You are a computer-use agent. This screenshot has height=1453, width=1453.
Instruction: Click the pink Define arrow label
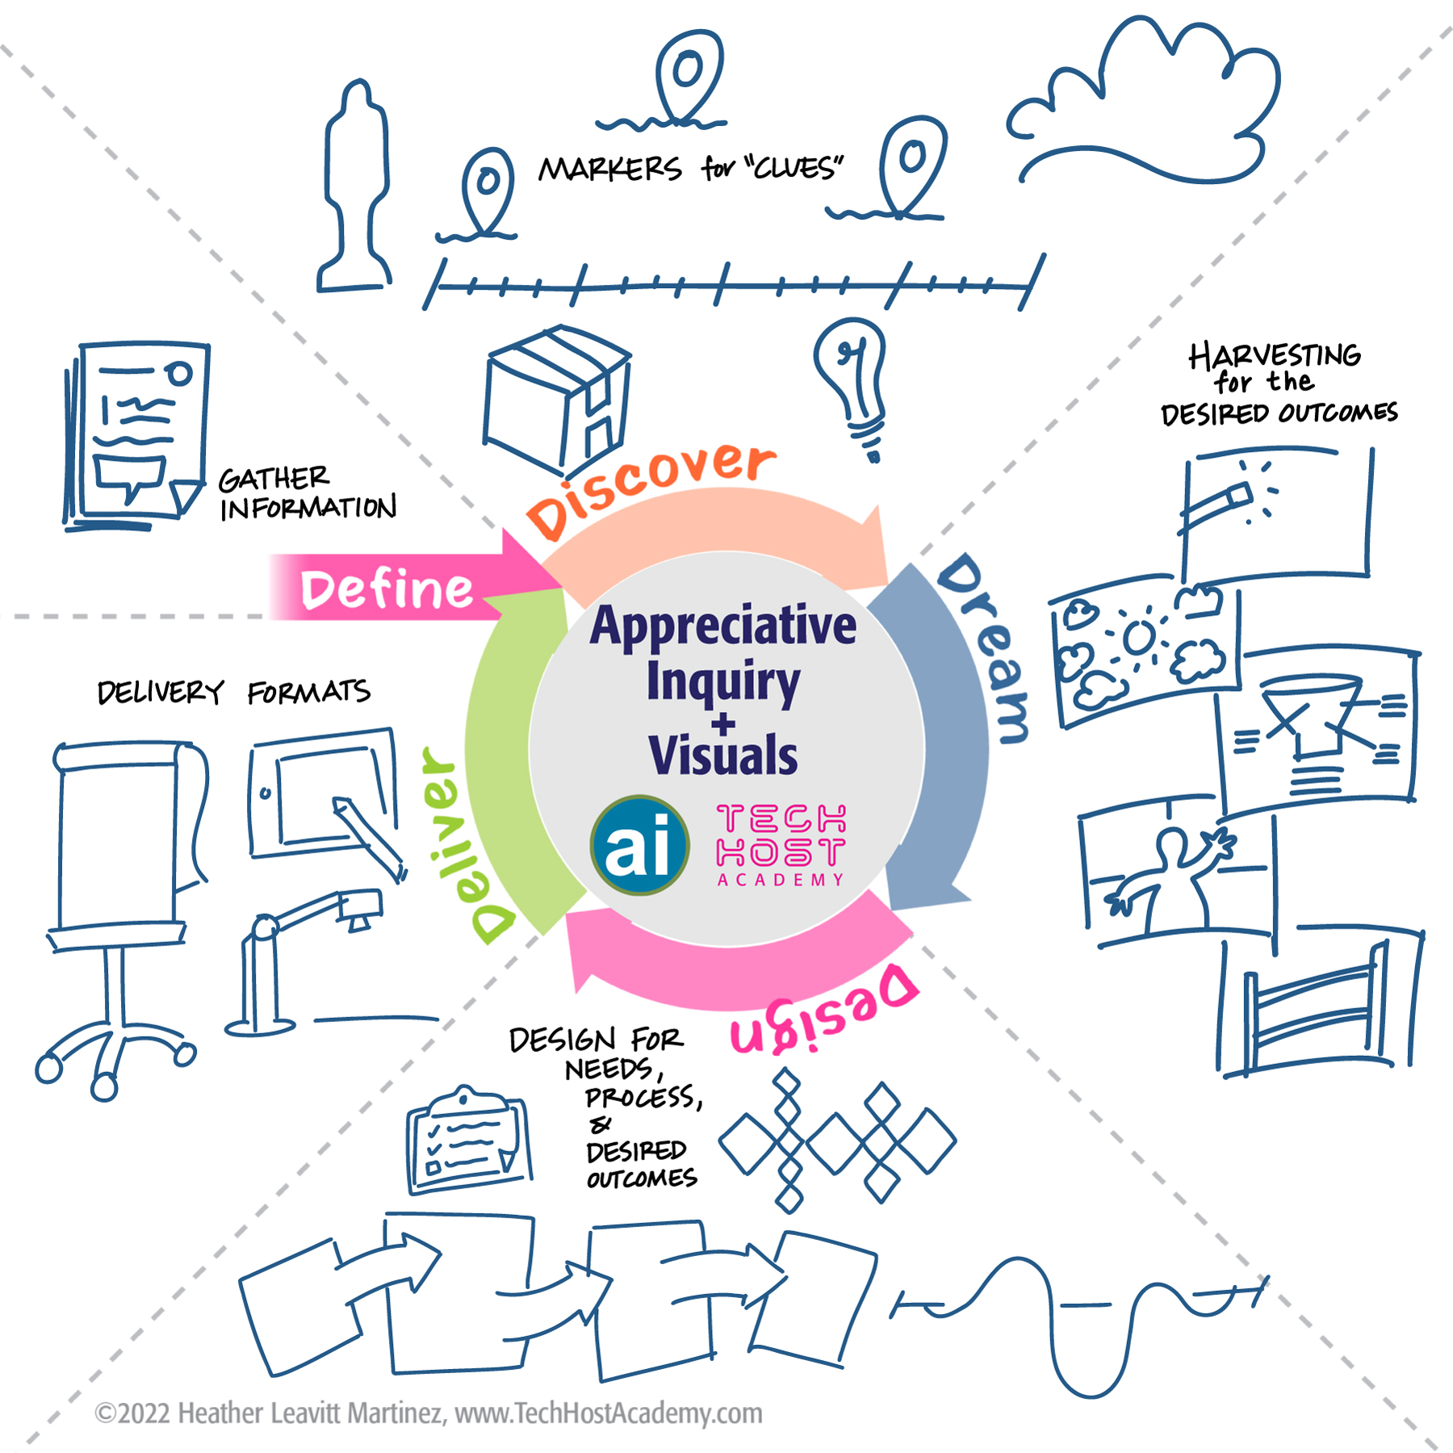point(387,589)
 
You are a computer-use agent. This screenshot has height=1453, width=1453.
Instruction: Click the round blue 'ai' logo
point(639,845)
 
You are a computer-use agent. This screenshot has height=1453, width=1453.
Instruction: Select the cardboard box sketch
point(556,400)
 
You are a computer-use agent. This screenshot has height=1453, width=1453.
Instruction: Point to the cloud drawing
point(1143,102)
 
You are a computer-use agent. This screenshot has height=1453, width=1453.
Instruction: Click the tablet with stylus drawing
point(327,802)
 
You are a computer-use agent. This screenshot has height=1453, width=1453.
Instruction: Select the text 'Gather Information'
point(308,493)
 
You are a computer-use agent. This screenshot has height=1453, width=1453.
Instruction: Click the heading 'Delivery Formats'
point(233,692)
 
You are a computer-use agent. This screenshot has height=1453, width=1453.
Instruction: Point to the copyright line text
point(429,1413)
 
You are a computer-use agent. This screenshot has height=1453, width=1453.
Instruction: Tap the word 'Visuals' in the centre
point(722,755)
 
